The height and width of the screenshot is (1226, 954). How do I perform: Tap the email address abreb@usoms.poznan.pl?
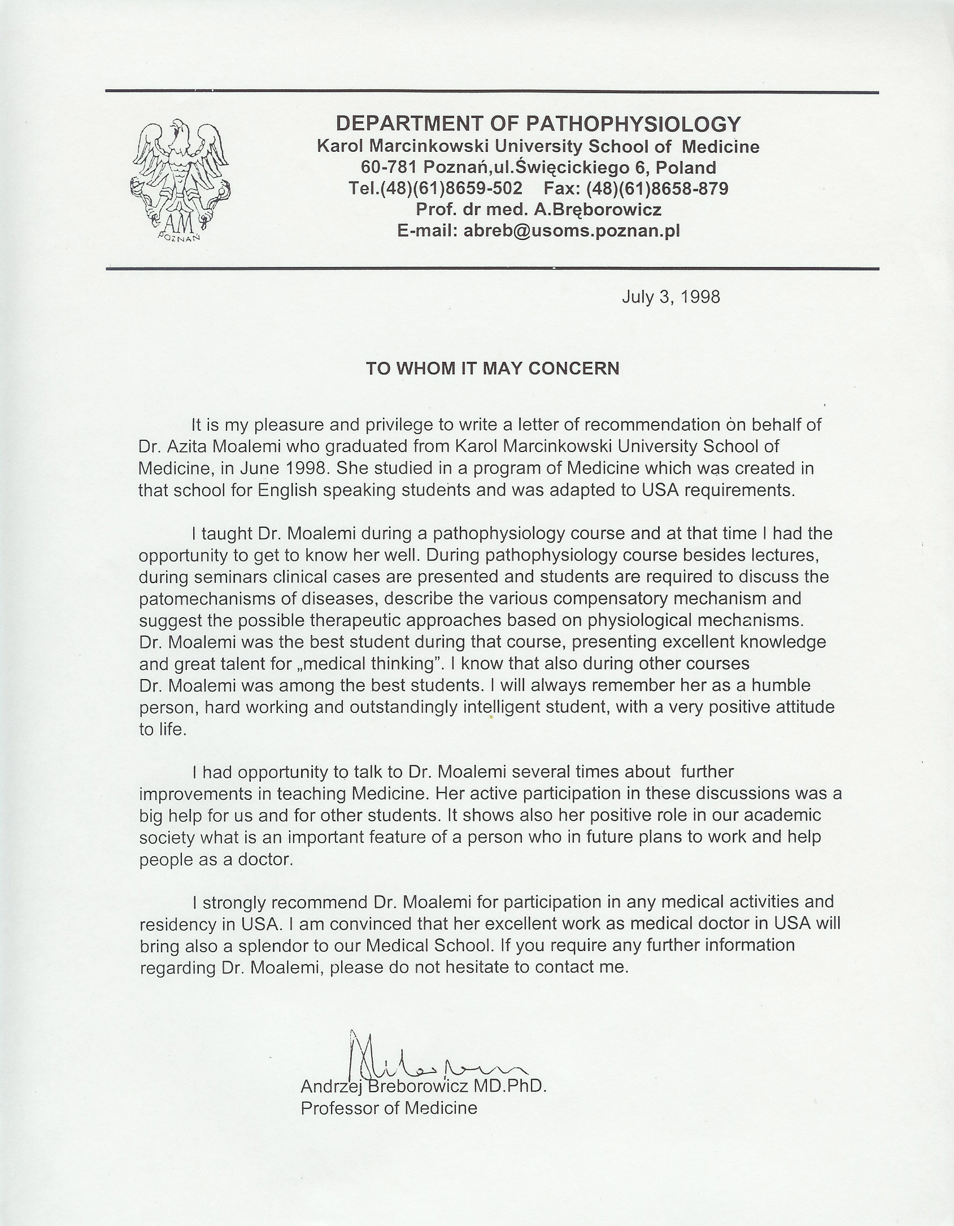click(571, 231)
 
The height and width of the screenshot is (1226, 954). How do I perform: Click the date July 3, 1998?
click(670, 297)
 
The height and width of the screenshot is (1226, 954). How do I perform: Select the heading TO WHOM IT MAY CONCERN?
click(493, 369)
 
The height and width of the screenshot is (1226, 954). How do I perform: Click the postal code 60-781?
click(389, 167)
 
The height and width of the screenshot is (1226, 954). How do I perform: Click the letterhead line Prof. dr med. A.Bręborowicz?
click(538, 209)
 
